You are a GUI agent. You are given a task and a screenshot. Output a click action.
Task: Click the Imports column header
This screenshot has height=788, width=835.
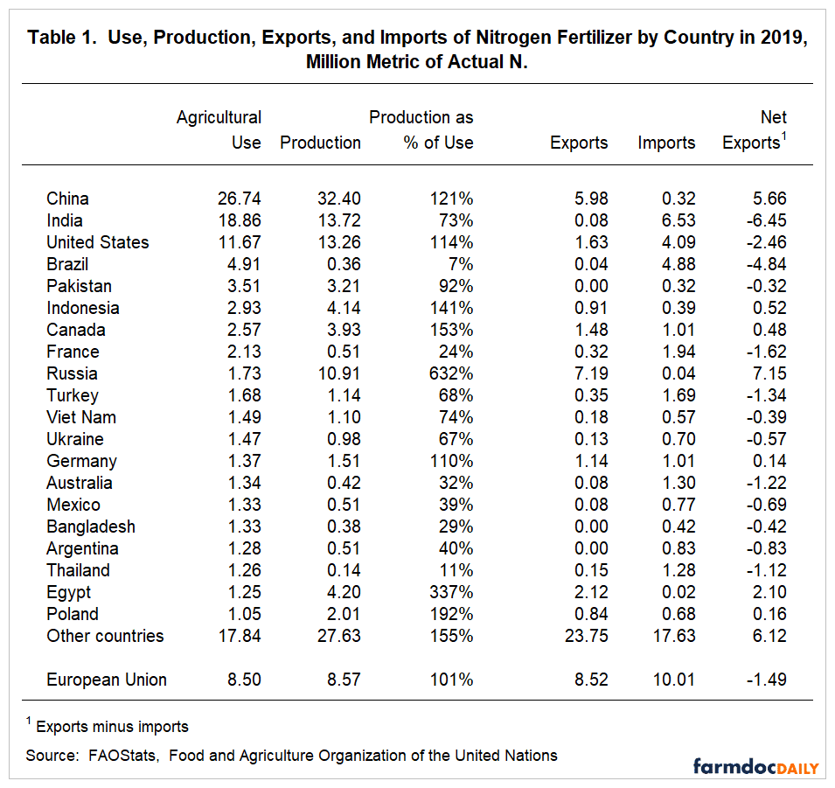click(667, 143)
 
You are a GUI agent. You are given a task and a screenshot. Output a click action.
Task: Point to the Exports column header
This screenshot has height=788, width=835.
click(579, 143)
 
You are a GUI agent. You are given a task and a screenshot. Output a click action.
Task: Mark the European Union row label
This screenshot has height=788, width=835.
click(107, 680)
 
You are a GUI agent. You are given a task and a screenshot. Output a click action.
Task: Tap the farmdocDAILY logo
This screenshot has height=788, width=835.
click(756, 767)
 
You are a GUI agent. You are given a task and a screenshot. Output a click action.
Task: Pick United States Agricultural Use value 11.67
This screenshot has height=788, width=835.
click(239, 242)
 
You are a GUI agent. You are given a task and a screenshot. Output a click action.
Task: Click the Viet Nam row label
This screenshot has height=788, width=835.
click(81, 417)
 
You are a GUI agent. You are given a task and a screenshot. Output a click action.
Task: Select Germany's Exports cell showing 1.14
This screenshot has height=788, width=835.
click(588, 461)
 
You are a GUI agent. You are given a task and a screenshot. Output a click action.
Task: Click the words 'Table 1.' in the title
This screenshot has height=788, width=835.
click(61, 38)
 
